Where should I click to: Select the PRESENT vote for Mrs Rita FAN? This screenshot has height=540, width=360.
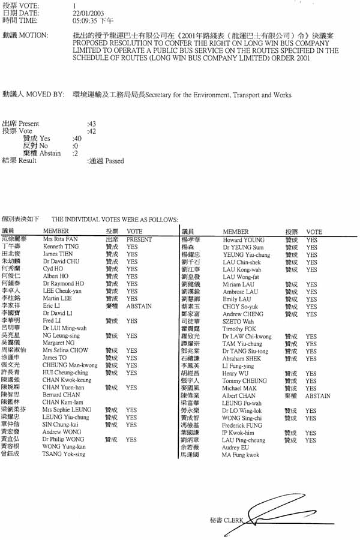click(x=139, y=239)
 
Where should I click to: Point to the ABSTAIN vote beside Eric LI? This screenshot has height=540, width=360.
click(x=140, y=306)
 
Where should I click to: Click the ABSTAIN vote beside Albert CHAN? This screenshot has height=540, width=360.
click(x=318, y=397)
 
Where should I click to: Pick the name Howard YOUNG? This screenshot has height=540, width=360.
click(x=240, y=239)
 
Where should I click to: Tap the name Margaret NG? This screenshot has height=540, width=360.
click(x=59, y=343)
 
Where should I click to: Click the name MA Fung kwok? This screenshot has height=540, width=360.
click(x=241, y=455)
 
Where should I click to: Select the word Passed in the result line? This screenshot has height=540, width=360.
click(x=115, y=161)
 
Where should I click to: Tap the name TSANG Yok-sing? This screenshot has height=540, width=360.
click(x=64, y=454)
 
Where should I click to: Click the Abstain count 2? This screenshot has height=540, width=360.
click(x=75, y=153)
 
